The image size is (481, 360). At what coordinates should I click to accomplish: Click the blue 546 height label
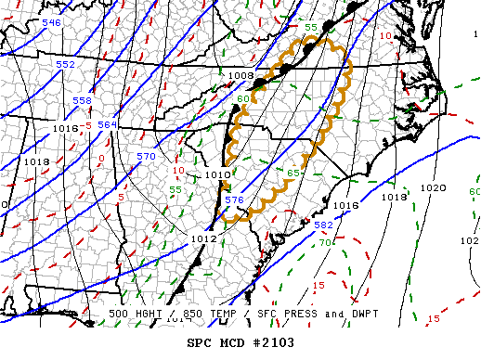pos(52,21)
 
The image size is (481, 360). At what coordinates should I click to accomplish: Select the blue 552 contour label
pos(65,64)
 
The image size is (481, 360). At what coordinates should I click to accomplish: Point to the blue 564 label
pos(108,124)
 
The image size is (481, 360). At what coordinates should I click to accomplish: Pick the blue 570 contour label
pos(146,157)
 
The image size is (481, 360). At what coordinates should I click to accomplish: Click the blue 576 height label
pos(234,199)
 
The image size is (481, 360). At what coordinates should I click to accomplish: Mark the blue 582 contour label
pos(324,225)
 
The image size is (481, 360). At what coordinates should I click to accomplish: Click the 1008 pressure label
pos(240,75)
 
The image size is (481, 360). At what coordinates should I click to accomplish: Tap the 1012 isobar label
pos(204,238)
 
